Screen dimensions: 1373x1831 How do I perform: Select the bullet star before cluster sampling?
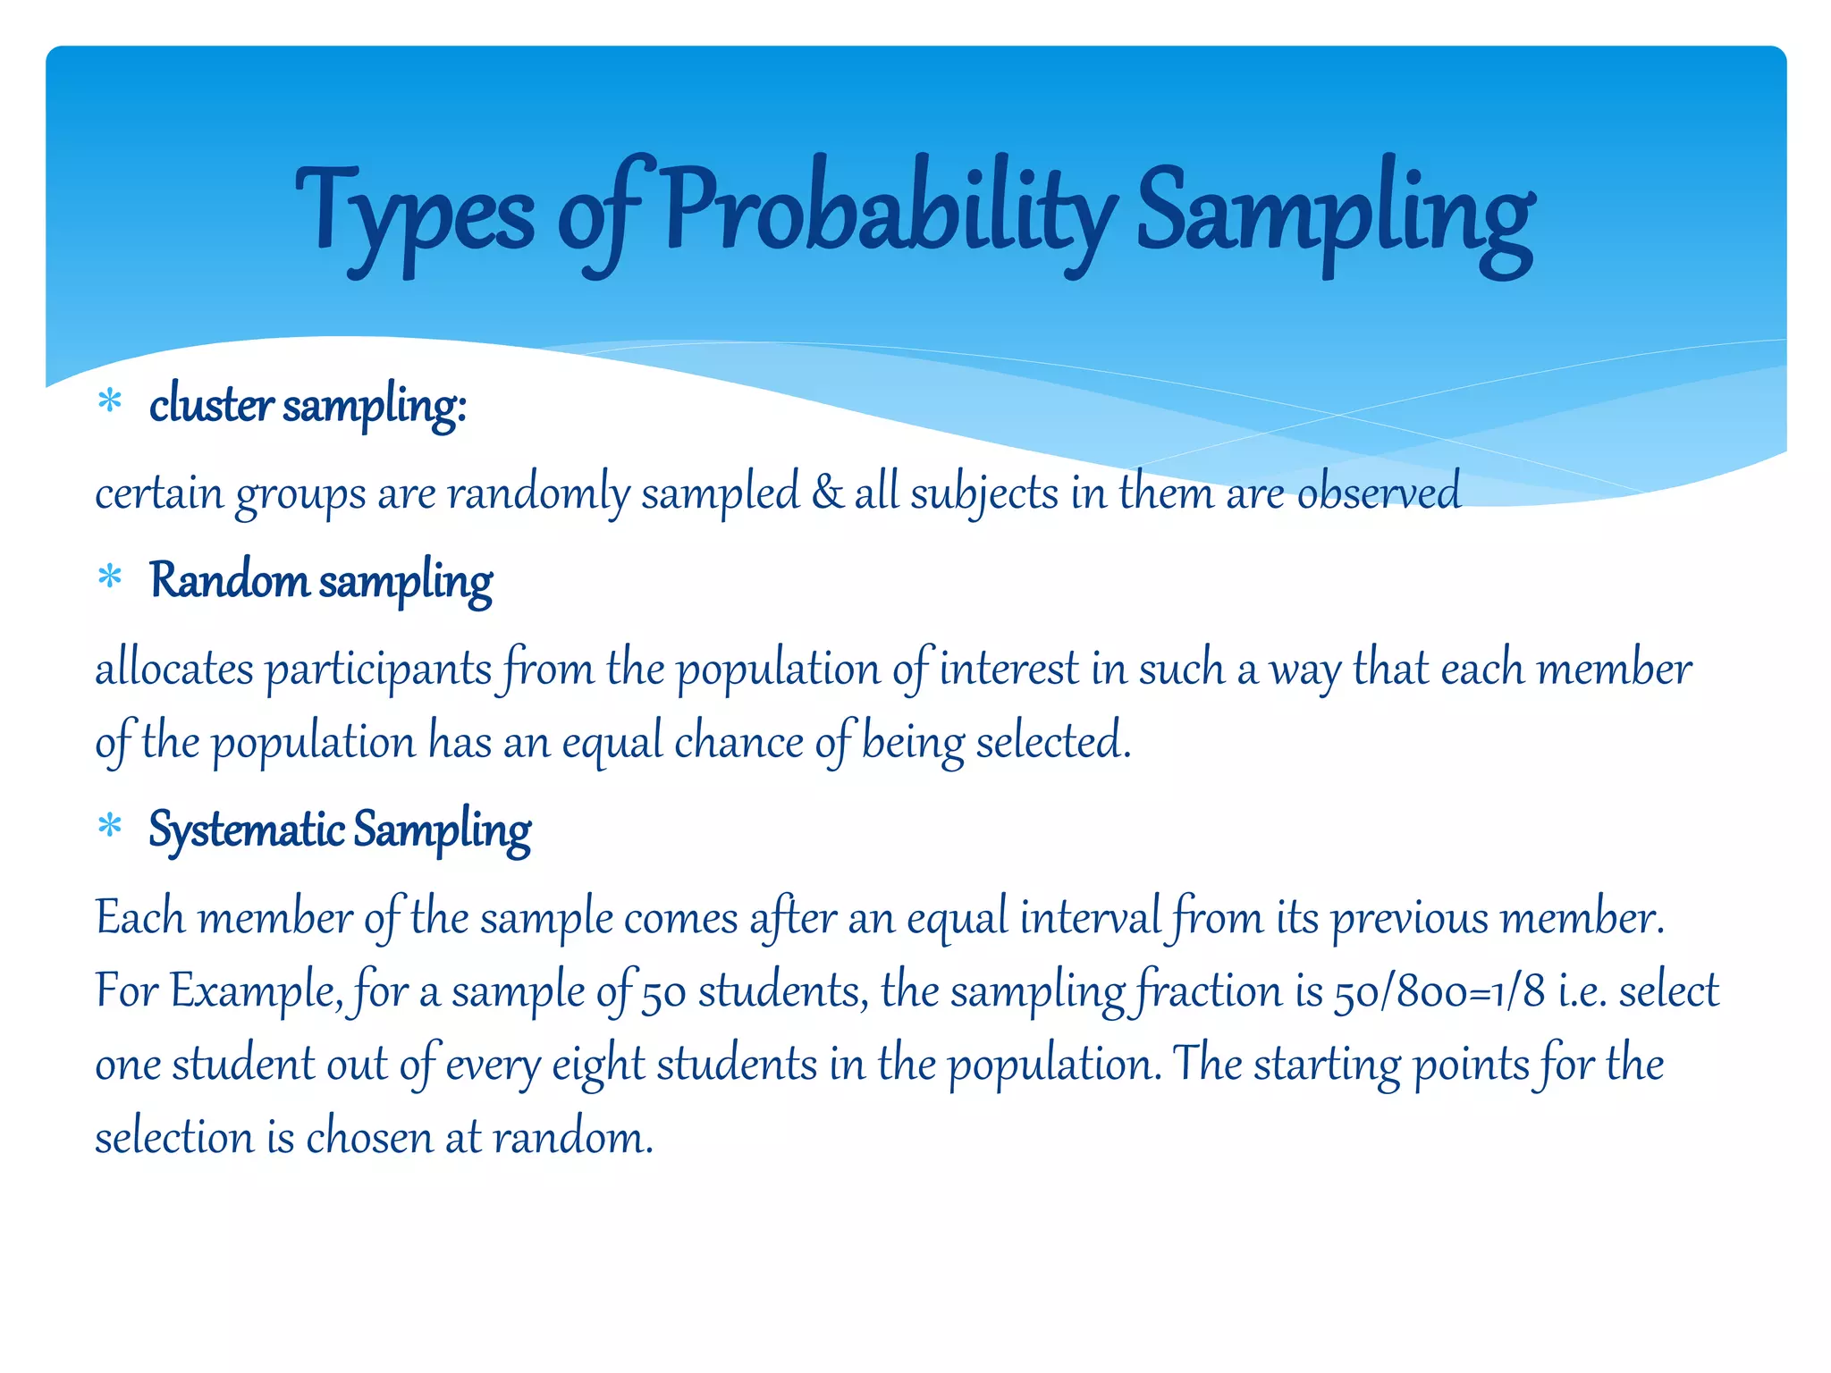click(x=110, y=401)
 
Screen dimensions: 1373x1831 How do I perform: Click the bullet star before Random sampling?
click(x=110, y=577)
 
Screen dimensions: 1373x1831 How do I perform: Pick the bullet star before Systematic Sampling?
click(x=110, y=826)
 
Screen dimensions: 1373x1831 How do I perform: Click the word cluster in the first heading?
click(x=211, y=405)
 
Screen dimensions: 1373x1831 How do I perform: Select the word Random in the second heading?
click(x=229, y=580)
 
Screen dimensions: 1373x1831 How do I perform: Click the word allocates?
click(x=174, y=670)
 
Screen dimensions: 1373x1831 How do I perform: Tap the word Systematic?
click(x=246, y=830)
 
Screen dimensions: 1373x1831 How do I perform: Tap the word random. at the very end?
click(x=573, y=1139)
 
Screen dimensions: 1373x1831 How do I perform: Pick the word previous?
click(x=1410, y=918)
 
